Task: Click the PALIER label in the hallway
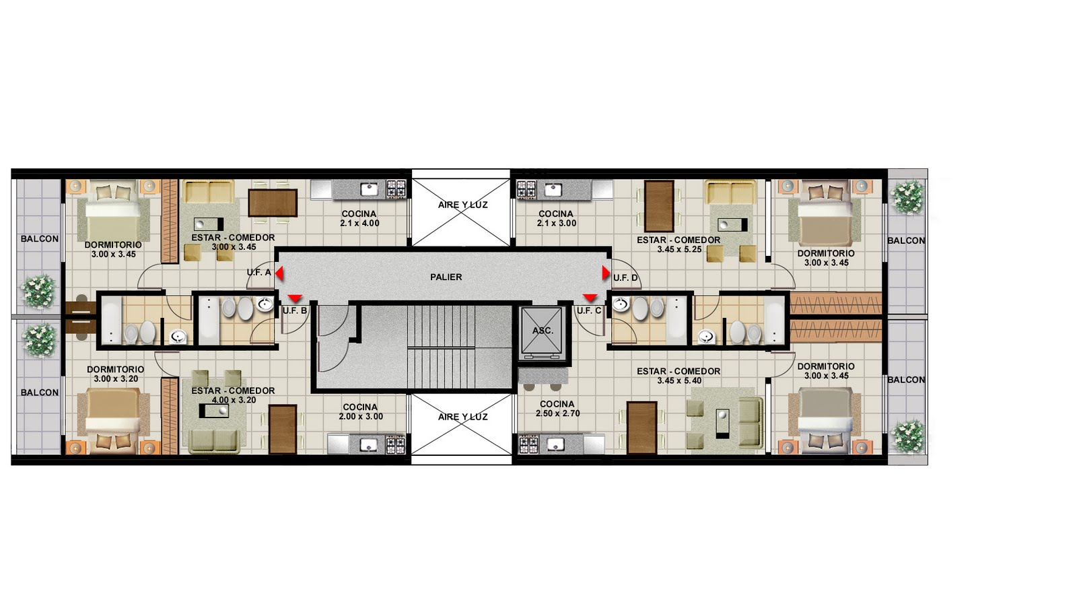tap(446, 277)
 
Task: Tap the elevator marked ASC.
tap(542, 331)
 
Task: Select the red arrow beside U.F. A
tap(279, 274)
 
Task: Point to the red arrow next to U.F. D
tap(606, 273)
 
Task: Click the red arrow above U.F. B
tap(296, 298)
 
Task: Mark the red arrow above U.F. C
tap(590, 298)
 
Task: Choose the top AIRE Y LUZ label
tap(462, 205)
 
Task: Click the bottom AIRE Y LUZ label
tap(462, 417)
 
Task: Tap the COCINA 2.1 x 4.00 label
tap(359, 218)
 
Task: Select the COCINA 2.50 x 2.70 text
tap(557, 409)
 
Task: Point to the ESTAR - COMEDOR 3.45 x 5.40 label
tap(679, 376)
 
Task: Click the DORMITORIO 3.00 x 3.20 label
tap(115, 374)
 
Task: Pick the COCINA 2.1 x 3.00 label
tap(556, 218)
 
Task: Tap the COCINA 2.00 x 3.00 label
tap(361, 412)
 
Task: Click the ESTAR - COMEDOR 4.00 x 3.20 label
tap(233, 395)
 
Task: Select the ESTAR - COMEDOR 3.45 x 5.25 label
tap(679, 244)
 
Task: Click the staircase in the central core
tap(442, 346)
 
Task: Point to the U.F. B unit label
tap(295, 311)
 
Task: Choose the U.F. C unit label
tap(589, 311)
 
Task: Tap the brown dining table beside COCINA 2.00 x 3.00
tap(283, 429)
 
